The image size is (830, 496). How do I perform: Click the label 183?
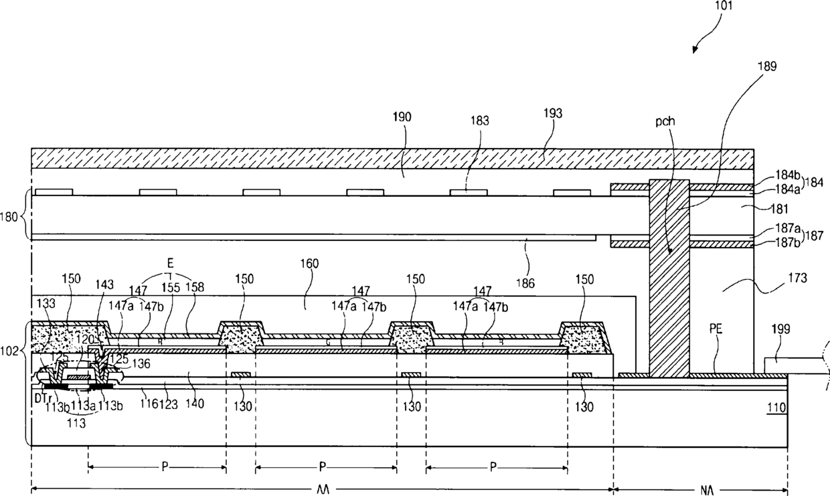coord(480,121)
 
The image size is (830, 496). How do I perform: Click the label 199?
coord(780,329)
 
